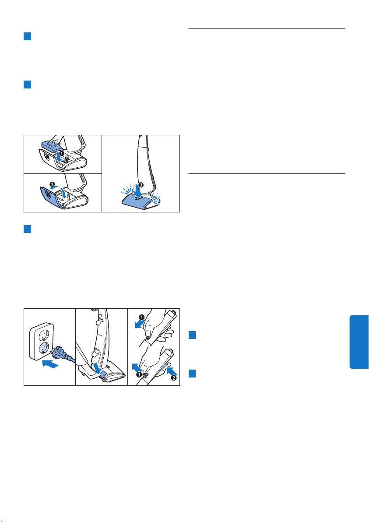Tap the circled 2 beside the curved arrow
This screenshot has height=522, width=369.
tap(53, 184)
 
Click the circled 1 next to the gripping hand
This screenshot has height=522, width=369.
tap(142, 317)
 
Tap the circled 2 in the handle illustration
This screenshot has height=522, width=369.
tap(174, 378)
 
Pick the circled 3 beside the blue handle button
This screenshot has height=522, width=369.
tap(139, 374)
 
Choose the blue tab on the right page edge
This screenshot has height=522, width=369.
tap(359, 342)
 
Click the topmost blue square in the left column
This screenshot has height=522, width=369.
tap(27, 36)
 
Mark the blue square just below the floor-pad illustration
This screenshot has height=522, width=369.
tap(27, 229)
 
